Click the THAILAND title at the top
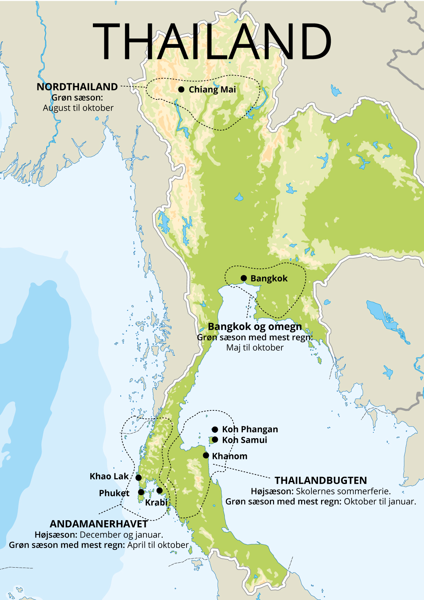tap(212, 42)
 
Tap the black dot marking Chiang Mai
tap(181, 89)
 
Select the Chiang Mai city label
tap(212, 89)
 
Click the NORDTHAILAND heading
tap(77, 87)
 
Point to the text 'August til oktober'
tap(78, 108)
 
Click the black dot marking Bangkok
tap(244, 278)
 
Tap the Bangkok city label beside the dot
tap(269, 278)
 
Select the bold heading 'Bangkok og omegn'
tap(255, 327)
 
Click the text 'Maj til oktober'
tap(255, 348)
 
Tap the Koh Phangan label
tap(250, 429)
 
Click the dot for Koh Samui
tap(215, 440)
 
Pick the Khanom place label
tap(230, 456)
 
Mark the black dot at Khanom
tap(206, 455)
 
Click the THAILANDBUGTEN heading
tap(321, 481)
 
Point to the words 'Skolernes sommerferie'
tap(343, 491)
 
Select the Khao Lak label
tap(109, 476)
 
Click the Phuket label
tap(114, 493)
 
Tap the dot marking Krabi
tap(160, 491)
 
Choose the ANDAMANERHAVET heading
tap(99, 524)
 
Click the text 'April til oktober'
tap(158, 545)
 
